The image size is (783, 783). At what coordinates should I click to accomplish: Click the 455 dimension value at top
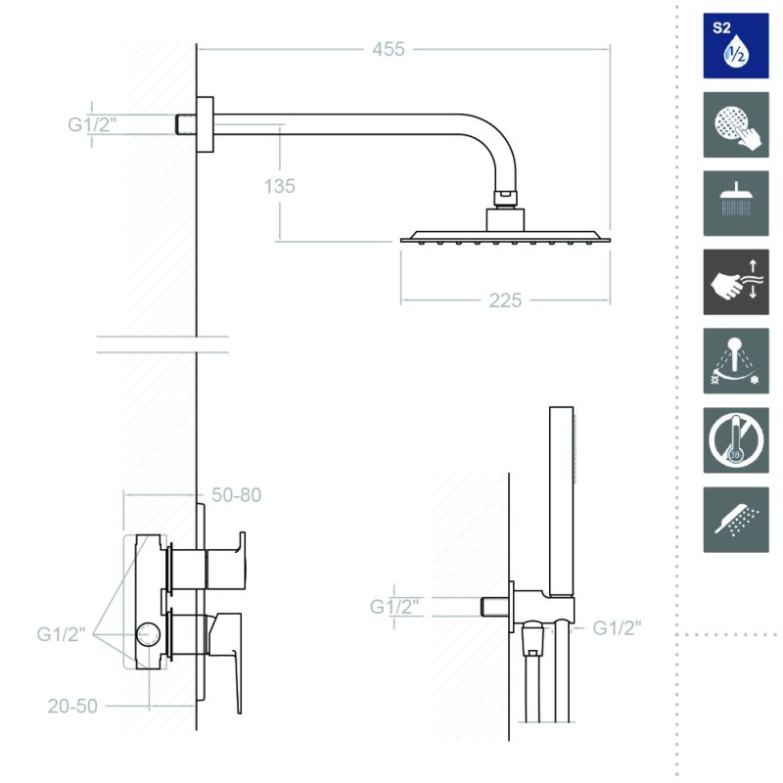click(388, 50)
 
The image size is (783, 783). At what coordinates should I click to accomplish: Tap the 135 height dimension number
click(280, 186)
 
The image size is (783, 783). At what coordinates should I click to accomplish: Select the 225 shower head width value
click(505, 300)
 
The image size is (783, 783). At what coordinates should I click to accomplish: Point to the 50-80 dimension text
click(236, 495)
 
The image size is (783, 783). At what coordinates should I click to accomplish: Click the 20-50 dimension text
click(72, 706)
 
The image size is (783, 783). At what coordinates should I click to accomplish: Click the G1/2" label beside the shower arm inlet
click(92, 124)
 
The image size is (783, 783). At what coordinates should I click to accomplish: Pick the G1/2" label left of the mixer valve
click(61, 634)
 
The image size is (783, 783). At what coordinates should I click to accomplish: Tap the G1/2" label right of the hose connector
click(617, 627)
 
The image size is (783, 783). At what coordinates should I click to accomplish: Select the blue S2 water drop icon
click(736, 45)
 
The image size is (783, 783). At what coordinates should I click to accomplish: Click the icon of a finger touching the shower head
click(736, 124)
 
